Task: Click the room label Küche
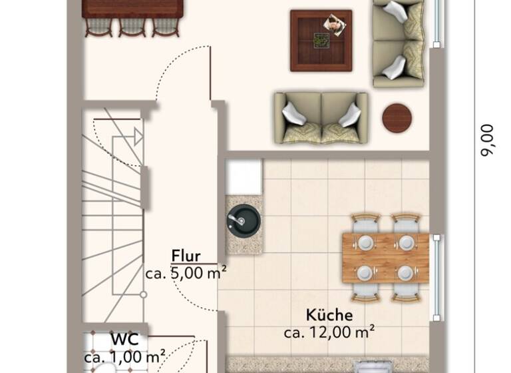tap(329, 315)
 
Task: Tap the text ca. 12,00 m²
tap(329, 331)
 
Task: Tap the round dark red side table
tap(397, 118)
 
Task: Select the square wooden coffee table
tap(321, 40)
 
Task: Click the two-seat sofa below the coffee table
tap(321, 118)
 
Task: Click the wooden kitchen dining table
tap(385, 257)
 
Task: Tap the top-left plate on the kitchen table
tap(365, 242)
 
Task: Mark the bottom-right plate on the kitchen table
tap(405, 272)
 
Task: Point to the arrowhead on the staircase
tap(138, 137)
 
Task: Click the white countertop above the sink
tap(243, 177)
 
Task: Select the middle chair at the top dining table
tap(130, 26)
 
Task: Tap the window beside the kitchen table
tap(436, 276)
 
